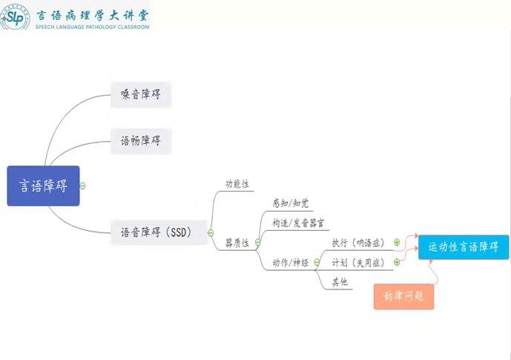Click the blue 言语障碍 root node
coord(42,186)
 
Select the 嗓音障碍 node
coord(141,94)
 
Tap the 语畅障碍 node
coord(141,140)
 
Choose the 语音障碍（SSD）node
coord(156,232)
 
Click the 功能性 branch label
coord(238,183)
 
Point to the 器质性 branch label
coord(238,243)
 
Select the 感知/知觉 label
coord(290,202)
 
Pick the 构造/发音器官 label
coord(297,223)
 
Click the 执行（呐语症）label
coord(358,243)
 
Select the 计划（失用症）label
coord(358,262)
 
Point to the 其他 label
coord(339,282)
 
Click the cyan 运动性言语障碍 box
coord(464,247)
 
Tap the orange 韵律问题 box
coord(403,296)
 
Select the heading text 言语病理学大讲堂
coord(93,13)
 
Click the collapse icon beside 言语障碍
coord(82,186)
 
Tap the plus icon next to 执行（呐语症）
coord(397,242)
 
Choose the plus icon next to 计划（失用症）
coord(397,262)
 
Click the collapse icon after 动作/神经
coord(317,261)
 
